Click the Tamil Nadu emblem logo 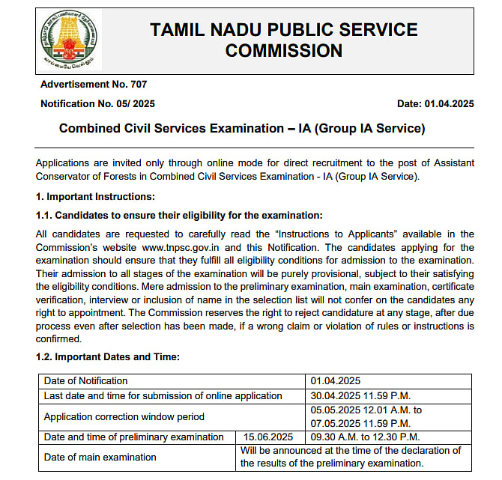coord(68,40)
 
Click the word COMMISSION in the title coord(283,51)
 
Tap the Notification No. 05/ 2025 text coord(97,103)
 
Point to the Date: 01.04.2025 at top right coord(435,103)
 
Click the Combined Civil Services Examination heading coord(242,129)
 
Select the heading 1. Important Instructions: coord(95,197)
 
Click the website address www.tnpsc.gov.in coord(183,247)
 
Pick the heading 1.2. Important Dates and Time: coord(107,356)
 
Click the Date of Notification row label coord(86,381)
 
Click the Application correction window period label coord(124,416)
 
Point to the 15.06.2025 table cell coord(264,437)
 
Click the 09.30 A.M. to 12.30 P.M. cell coord(366,437)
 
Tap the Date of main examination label coord(100,457)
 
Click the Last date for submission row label coord(163,395)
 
